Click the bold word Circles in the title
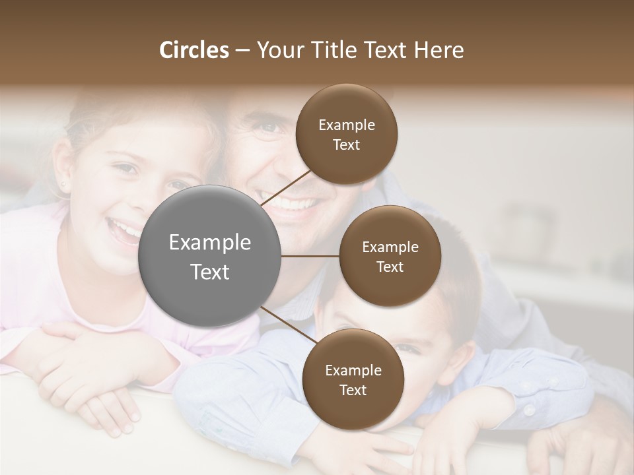(194, 50)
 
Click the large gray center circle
(209, 256)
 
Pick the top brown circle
(347, 134)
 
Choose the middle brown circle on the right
(390, 256)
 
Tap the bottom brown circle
(353, 379)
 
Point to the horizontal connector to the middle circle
(310, 256)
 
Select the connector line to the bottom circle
(291, 326)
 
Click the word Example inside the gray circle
(209, 243)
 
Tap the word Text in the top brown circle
(347, 144)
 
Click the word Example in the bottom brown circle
(353, 370)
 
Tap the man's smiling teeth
(291, 203)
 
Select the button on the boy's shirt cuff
(529, 410)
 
